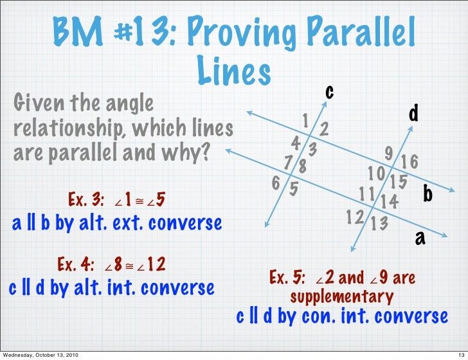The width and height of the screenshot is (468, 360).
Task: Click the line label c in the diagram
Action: [x=328, y=92]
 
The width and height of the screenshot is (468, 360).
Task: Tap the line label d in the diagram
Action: [x=414, y=114]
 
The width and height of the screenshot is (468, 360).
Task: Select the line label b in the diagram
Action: [x=428, y=194]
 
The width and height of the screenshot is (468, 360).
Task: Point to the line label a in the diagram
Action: [x=420, y=238]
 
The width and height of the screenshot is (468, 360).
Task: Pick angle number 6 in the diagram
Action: [x=275, y=182]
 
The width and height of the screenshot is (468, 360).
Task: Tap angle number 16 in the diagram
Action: [x=410, y=161]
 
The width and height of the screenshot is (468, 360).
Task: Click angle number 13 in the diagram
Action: [x=379, y=223]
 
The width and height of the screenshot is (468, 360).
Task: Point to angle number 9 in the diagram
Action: [x=388, y=153]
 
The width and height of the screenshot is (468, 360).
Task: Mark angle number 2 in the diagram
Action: [x=325, y=129]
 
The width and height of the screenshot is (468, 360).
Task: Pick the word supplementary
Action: [x=341, y=297]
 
